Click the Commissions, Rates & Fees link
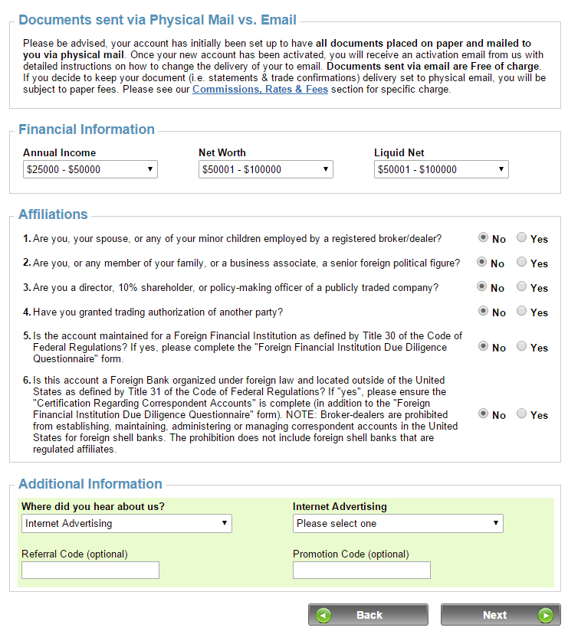point(260,90)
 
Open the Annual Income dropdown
point(90,169)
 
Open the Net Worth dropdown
point(265,169)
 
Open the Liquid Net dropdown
point(442,169)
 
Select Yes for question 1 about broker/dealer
point(522,238)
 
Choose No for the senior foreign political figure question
point(481,262)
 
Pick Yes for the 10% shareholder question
point(522,286)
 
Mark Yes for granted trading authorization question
point(522,311)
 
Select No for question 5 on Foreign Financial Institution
point(483,346)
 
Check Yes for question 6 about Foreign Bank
point(522,414)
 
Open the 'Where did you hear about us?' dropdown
point(126,523)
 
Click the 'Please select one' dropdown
point(398,523)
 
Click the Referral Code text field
point(90,570)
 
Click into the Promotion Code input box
point(362,570)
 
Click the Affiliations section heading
point(53,214)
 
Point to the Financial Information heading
point(87,129)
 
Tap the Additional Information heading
point(90,484)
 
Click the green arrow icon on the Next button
point(545,615)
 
